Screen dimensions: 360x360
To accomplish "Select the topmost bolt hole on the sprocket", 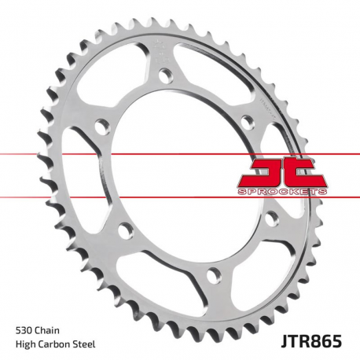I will coord(164,75).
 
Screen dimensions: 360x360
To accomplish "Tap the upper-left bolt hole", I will coord(101,125).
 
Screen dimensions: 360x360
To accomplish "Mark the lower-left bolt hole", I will coord(122,230).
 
